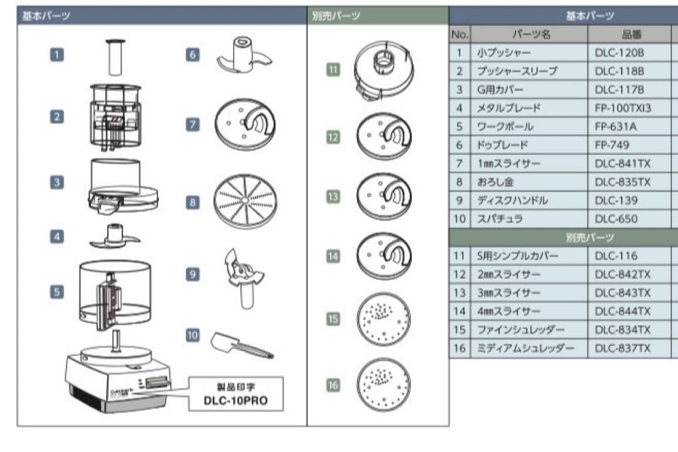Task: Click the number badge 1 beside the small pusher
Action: point(57,54)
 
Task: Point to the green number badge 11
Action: point(333,70)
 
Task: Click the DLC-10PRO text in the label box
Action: point(235,401)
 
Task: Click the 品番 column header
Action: point(618,35)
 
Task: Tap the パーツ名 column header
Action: point(529,35)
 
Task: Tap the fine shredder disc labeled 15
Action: point(382,320)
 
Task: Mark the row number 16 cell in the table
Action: point(460,348)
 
